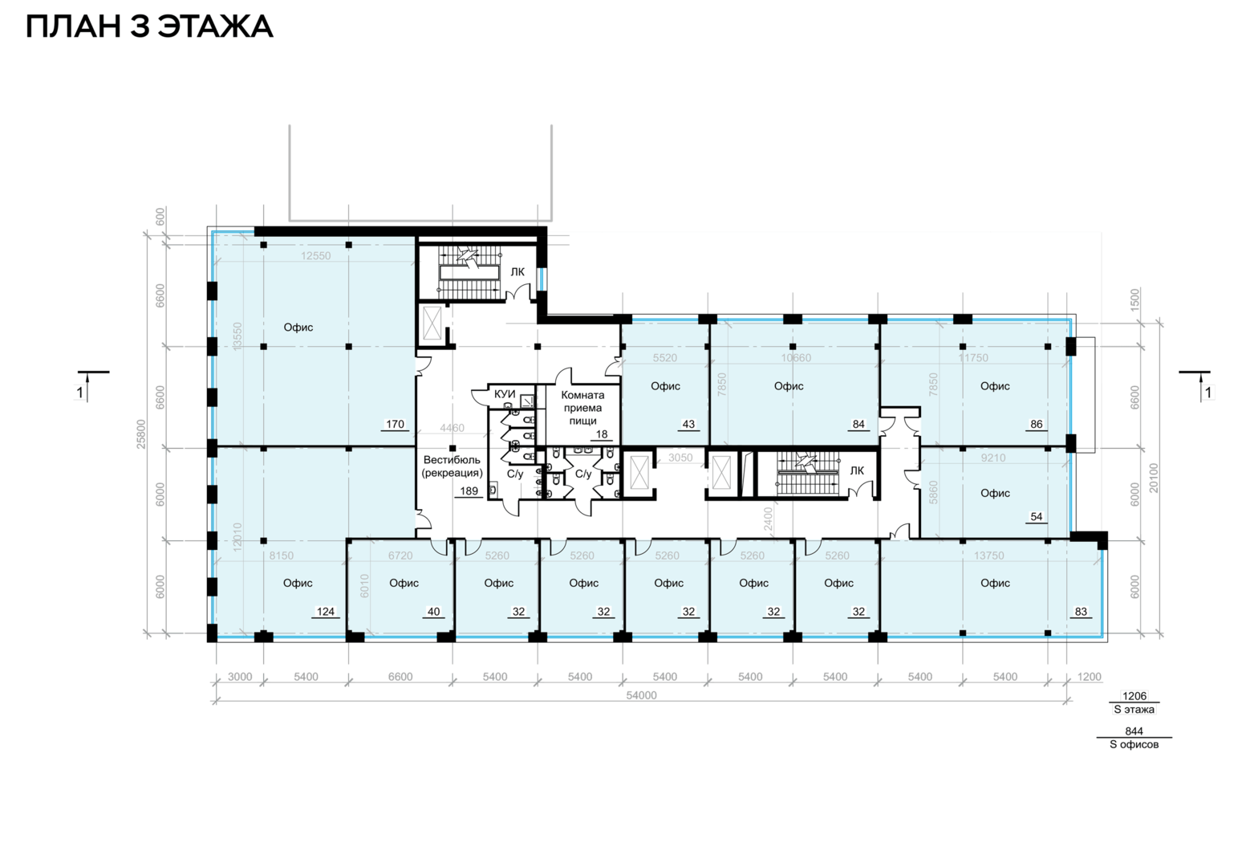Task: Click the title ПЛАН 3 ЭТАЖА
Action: coord(149,26)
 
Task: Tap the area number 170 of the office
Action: coord(395,424)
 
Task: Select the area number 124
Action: coord(326,612)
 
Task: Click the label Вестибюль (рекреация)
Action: coord(452,466)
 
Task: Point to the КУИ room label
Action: coord(505,394)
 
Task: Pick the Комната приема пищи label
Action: coord(582,408)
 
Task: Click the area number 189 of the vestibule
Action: coord(469,490)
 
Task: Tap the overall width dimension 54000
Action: coord(641,695)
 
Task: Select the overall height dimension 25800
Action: coord(141,434)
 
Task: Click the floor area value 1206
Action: coord(1134,695)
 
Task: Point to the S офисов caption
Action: coord(1134,744)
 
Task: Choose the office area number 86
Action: coord(1037,424)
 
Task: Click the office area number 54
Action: coord(1037,516)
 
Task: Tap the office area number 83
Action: coord(1081,612)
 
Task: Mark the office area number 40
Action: coord(433,612)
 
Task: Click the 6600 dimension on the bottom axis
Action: coord(400,677)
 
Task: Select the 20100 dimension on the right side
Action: coord(1154,478)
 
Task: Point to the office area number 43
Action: coord(688,424)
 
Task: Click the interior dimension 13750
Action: coord(988,556)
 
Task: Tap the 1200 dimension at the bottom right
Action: coord(1089,677)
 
